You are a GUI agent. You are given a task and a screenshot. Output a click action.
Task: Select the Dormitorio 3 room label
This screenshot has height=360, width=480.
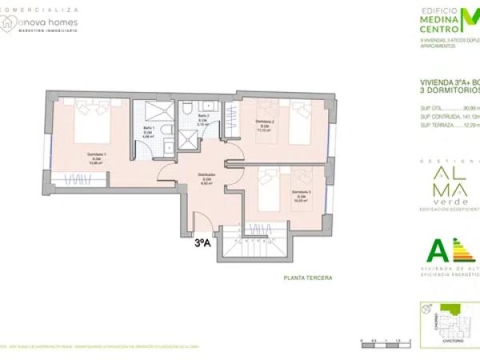click(301, 193)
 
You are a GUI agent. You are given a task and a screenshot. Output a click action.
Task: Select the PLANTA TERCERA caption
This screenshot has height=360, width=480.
click(307, 278)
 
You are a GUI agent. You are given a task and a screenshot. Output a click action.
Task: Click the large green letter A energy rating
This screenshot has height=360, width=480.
click(437, 250)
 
